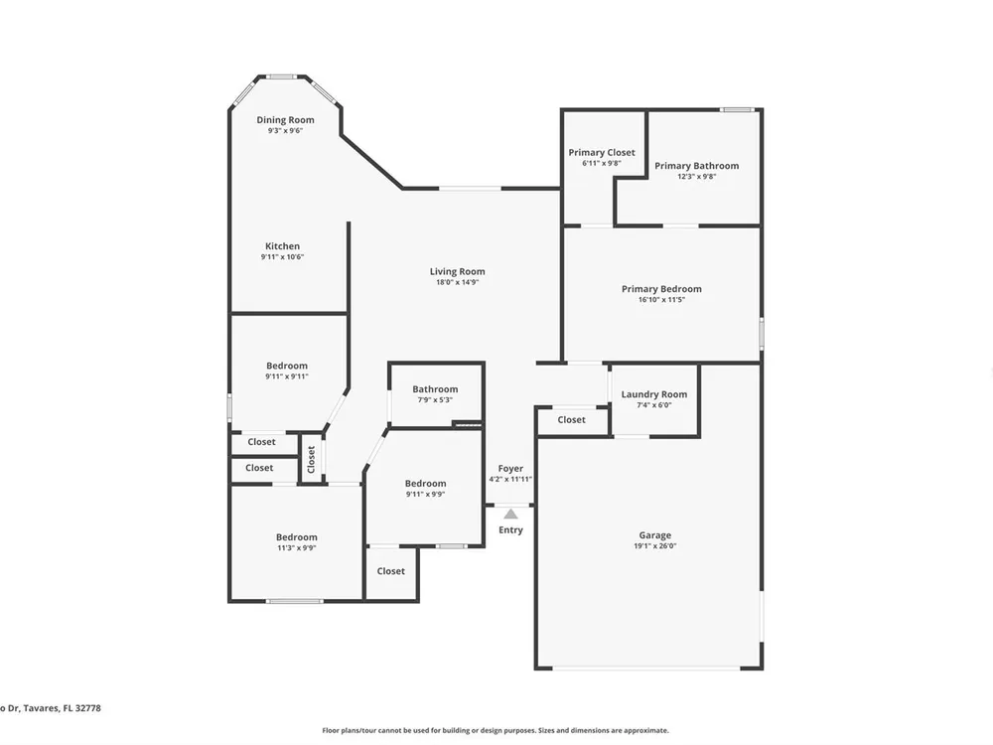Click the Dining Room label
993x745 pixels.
285,120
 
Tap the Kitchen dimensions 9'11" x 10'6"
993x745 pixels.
282,257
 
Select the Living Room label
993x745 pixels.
457,272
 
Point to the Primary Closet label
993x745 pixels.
602,153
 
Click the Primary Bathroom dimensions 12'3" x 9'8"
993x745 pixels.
697,177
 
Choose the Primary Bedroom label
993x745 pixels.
661,289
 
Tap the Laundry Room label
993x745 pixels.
654,394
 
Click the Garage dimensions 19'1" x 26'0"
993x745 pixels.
654,546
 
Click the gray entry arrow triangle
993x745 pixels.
510,514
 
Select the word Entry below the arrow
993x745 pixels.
510,530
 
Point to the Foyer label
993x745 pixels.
510,469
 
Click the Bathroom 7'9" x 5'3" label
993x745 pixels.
435,389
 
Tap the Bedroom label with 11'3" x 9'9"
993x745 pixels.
296,537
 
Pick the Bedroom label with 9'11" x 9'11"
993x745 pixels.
287,366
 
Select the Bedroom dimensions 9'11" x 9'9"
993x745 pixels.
426,494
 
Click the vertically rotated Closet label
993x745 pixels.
311,459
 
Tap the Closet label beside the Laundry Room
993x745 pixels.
571,420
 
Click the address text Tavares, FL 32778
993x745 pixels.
62,708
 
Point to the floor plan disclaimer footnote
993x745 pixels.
496,730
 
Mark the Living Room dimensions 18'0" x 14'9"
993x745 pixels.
457,282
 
